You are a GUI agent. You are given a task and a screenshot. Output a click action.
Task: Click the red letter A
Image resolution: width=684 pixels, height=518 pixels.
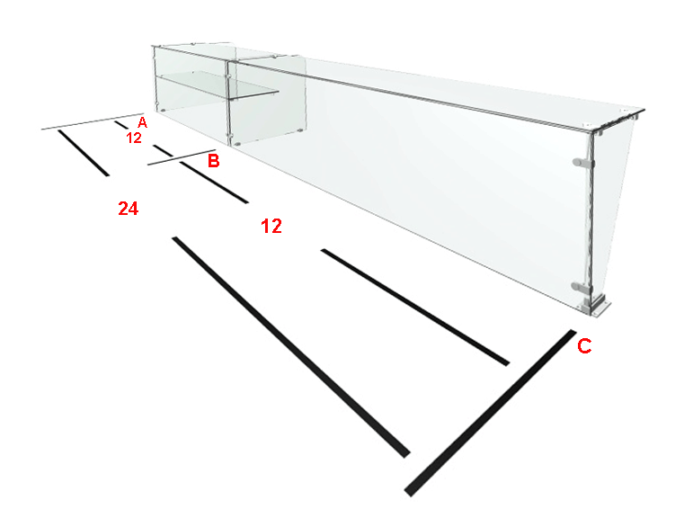142,122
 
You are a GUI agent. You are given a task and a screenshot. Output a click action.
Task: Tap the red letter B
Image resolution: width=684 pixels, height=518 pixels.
213,161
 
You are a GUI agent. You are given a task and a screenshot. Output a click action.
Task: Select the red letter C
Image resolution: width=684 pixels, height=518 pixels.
584,346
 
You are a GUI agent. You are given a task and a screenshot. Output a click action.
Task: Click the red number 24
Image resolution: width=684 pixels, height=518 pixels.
129,209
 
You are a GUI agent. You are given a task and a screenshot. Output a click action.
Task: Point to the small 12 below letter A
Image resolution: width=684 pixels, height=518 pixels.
134,138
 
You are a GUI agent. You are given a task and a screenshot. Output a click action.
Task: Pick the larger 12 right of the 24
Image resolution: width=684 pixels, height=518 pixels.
271,226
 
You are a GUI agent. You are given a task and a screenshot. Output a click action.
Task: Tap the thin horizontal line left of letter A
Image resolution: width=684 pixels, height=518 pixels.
93,121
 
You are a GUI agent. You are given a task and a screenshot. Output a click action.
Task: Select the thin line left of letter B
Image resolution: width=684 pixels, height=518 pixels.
182,157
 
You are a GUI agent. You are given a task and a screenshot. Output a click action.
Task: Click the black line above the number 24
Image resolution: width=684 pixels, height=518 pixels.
84,153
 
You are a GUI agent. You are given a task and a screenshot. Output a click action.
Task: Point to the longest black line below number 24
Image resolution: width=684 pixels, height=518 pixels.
291,347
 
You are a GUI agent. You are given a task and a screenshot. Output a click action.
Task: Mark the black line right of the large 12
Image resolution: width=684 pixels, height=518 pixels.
415,308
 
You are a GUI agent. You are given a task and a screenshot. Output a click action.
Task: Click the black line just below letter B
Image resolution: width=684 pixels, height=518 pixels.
214,182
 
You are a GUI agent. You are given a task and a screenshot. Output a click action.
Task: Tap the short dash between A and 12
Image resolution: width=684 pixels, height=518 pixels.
121,125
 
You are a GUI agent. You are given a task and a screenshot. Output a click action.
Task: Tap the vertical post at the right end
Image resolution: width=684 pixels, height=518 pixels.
591,219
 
